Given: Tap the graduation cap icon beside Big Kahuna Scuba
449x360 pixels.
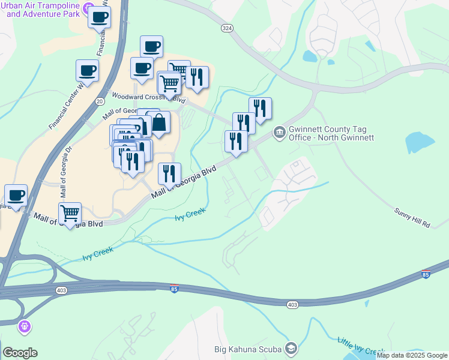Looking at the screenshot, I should pyautogui.click(x=291, y=348).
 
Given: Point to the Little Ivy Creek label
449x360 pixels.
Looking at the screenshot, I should pyautogui.click(x=360, y=347).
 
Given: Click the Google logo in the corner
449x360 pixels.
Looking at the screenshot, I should pyautogui.click(x=20, y=353).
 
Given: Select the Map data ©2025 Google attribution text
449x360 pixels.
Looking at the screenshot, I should pyautogui.click(x=412, y=355).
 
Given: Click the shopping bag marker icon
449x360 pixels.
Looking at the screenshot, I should pyautogui.click(x=160, y=122).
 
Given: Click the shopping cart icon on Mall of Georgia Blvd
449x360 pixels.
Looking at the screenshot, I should pyautogui.click(x=70, y=213).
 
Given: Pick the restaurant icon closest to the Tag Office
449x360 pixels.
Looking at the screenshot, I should pyautogui.click(x=260, y=108).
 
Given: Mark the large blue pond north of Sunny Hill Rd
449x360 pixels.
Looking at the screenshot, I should pyautogui.click(x=420, y=143).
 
